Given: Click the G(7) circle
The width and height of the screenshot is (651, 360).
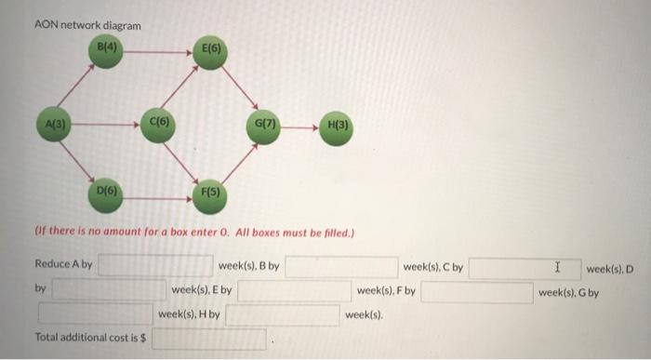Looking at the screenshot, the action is coord(262,124).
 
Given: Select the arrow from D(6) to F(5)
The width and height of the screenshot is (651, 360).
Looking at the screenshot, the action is coord(158,193).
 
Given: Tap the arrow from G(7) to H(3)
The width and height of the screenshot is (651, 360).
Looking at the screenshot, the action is coord(299,125).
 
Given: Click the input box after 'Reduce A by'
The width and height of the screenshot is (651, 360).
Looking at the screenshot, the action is coord(155,267).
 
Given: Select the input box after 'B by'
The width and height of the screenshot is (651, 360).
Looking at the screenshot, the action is coord(340,267).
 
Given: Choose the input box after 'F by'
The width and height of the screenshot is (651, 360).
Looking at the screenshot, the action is coord(477,291).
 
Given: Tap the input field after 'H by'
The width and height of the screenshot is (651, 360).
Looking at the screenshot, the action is coord(282,315).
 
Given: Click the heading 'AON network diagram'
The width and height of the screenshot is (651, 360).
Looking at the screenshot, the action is coord(87,25).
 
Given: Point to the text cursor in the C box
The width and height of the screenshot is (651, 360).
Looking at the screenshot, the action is coord(557,267).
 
